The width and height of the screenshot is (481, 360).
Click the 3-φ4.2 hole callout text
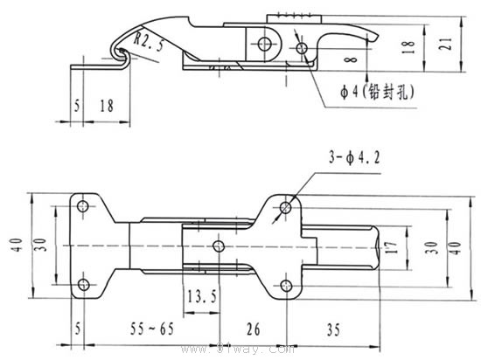pos(355,158)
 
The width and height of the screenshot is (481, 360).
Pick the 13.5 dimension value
pos(201,296)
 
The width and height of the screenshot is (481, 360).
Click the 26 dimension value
pos(254,329)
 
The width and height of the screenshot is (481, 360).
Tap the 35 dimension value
pos(333,329)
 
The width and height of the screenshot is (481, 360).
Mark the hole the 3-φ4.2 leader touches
pos(286,208)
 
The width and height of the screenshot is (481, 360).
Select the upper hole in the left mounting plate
pos(83,207)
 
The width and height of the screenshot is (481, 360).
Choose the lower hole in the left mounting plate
pos(83,286)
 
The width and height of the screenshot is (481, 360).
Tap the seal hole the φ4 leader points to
pos(301,48)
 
